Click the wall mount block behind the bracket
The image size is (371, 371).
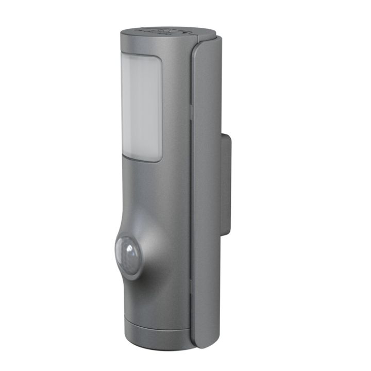[x=227, y=180]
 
